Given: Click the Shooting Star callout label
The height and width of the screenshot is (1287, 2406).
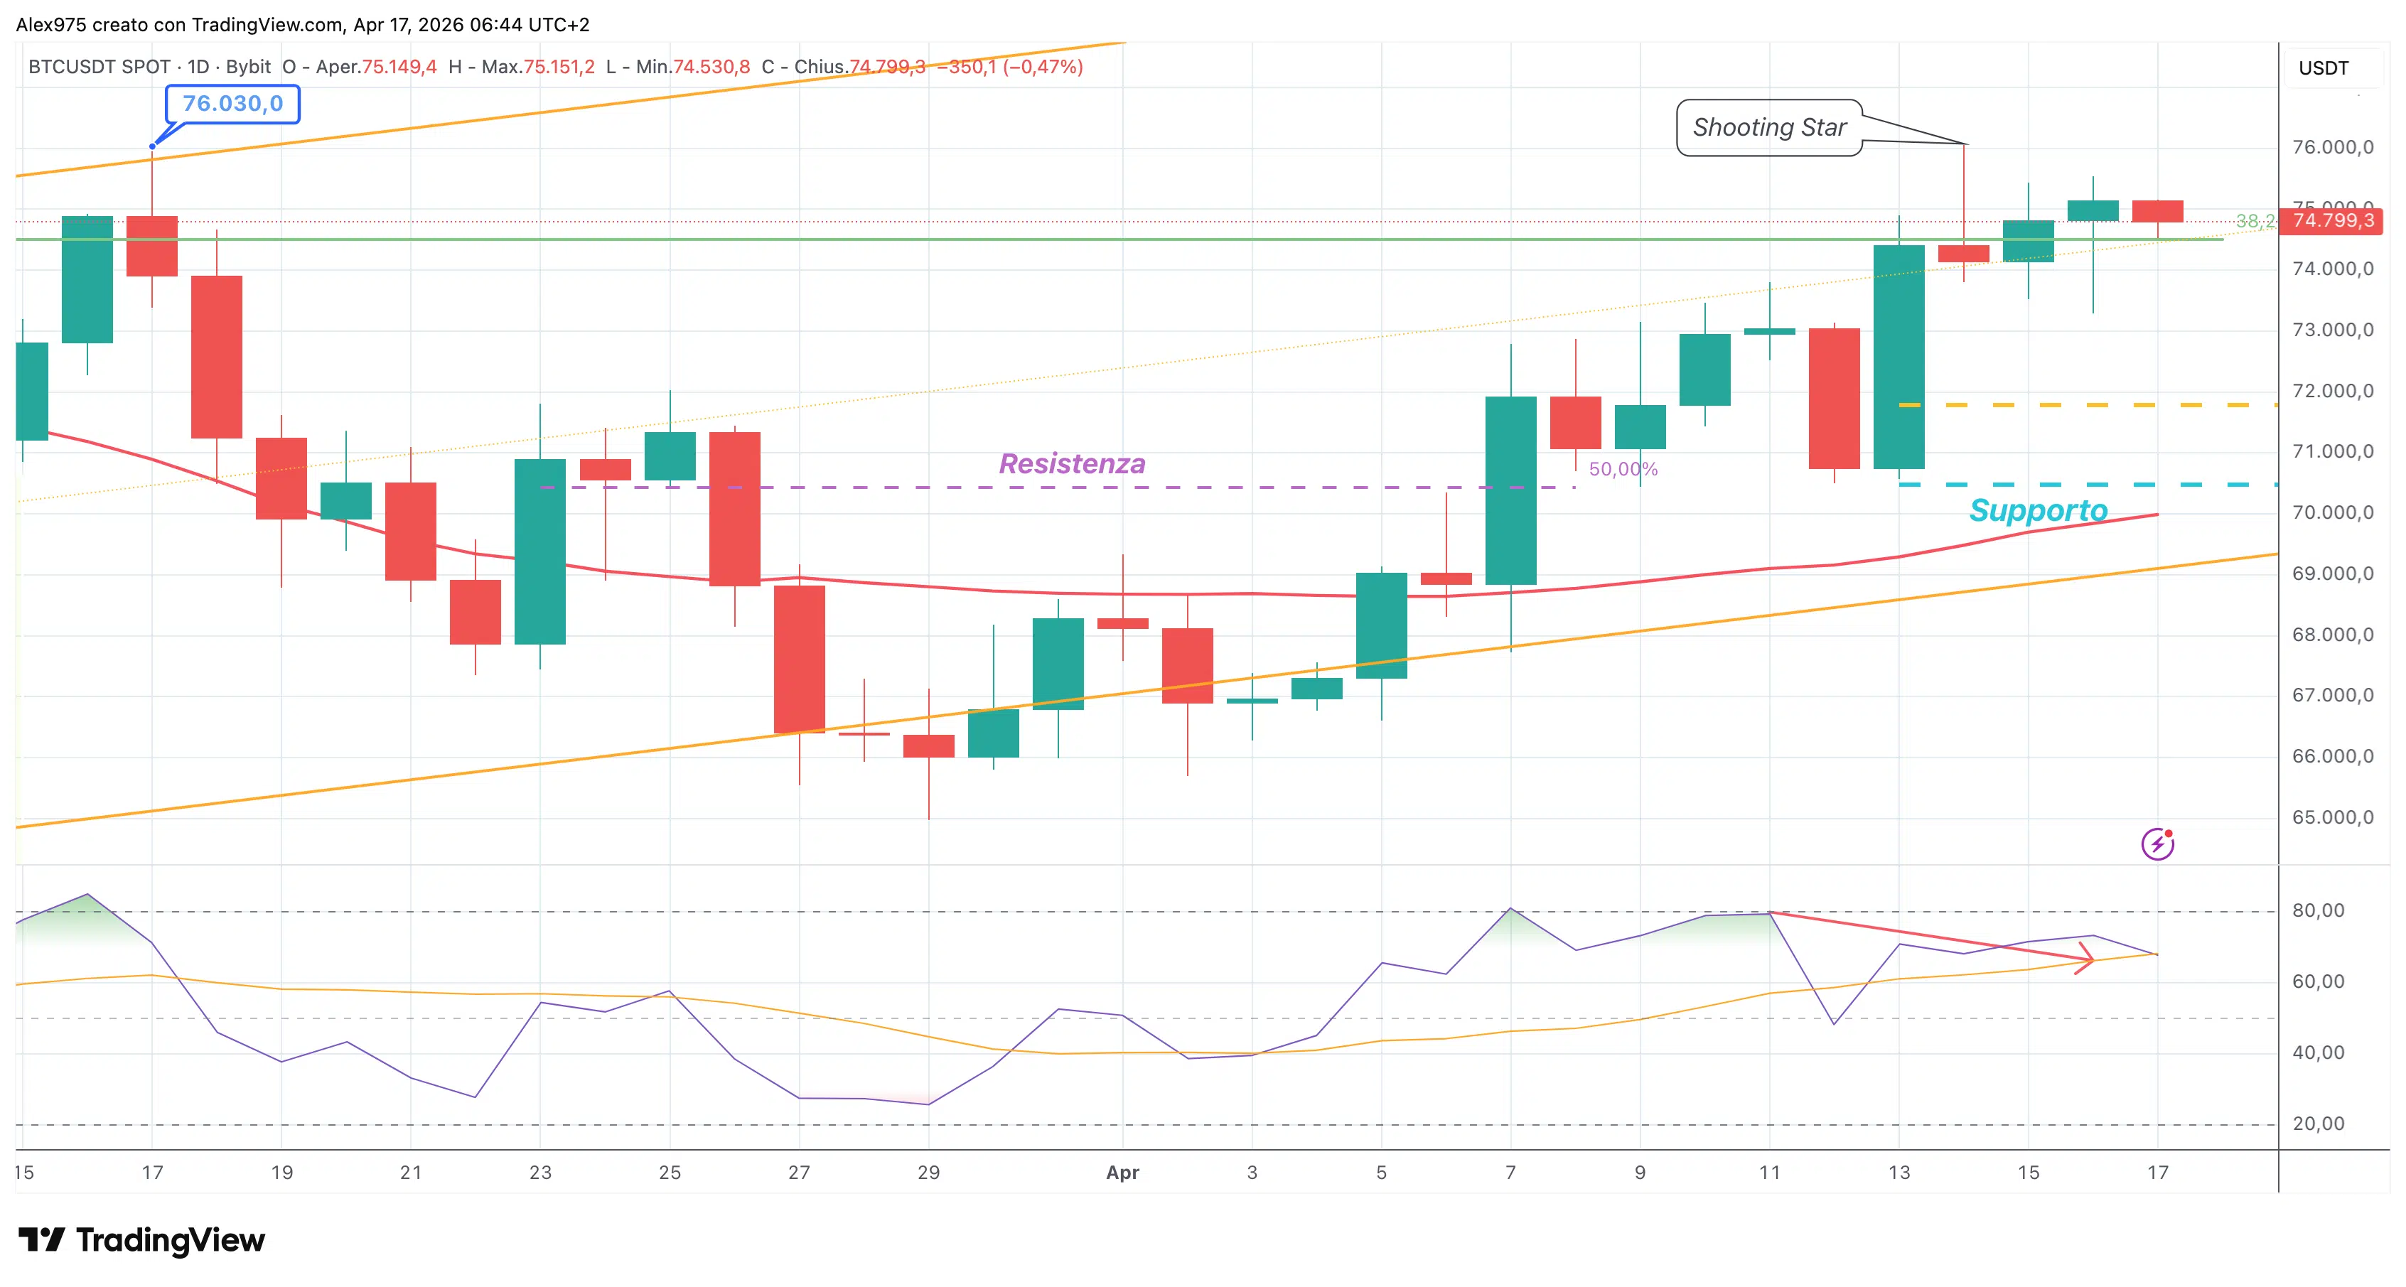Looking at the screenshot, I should tap(1768, 127).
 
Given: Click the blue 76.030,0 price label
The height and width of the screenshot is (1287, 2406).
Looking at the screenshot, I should tap(232, 104).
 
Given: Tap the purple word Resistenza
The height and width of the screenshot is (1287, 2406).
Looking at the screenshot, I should tap(1071, 463).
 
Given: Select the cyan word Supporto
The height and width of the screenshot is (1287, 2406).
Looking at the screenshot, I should tap(2038, 510).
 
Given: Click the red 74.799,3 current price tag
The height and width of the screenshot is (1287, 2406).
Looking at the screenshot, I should tap(2332, 220).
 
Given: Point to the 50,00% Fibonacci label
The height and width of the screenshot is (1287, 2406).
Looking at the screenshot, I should tap(1623, 469).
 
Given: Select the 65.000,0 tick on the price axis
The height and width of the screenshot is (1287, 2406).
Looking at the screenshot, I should tap(2332, 817).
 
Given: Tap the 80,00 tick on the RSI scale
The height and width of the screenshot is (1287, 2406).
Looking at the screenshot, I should tap(2317, 910).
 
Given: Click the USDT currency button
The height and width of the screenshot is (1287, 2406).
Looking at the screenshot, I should tap(2323, 68).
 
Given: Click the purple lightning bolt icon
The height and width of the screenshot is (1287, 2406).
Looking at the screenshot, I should tap(2157, 844).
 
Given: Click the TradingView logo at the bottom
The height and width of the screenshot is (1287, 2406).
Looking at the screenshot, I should tap(142, 1240).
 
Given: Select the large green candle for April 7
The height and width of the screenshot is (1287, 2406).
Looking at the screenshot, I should tap(1510, 490).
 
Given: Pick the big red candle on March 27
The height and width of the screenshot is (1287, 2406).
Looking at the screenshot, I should tap(799, 659).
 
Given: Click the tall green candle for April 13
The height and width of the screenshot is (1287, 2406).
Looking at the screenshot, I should tap(1898, 357).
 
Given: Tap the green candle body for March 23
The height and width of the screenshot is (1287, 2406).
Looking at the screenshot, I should tap(540, 551).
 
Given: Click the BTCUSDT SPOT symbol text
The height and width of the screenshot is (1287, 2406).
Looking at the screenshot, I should tap(99, 68).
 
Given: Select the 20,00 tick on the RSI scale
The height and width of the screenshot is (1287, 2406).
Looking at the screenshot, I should tap(2317, 1124).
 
